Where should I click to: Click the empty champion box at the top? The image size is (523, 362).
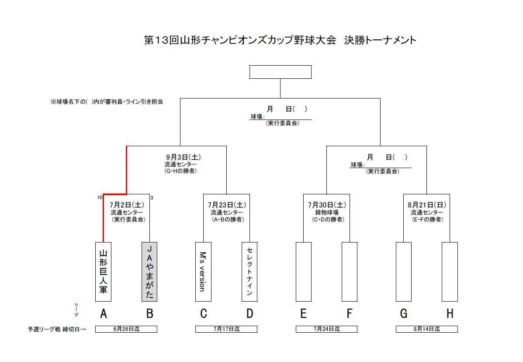tap(280, 72)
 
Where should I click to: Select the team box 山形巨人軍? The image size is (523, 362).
tap(103, 271)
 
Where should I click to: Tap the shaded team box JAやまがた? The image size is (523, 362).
tap(149, 271)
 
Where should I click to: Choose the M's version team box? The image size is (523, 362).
tap(203, 271)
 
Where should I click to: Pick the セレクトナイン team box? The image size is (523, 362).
tap(249, 271)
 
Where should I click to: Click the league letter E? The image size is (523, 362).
tap(303, 313)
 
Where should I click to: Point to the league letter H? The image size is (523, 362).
tap(450, 313)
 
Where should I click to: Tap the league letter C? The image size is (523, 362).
tap(203, 313)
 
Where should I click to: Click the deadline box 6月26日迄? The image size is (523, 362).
tap(126, 329)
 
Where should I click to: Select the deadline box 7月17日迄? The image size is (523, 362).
tap(226, 329)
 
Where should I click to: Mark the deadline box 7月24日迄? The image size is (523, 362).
tap(326, 329)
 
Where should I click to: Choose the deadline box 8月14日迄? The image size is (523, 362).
tap(426, 329)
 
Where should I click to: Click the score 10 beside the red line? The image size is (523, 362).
tap(100, 197)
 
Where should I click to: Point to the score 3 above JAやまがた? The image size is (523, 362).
tap(152, 197)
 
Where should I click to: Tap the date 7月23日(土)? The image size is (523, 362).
tap(227, 205)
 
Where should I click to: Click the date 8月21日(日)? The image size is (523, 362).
tap(426, 205)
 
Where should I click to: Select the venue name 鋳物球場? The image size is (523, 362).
tap(326, 213)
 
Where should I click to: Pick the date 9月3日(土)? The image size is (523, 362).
tap(183, 157)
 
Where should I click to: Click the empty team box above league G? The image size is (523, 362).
tap(404, 271)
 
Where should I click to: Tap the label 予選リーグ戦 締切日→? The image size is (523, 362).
tap(56, 329)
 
